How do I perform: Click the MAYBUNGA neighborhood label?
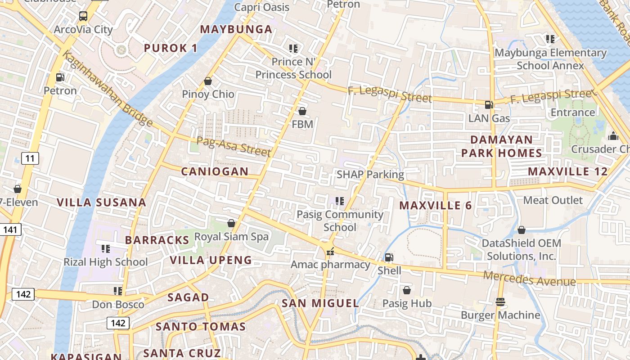coord(236,30)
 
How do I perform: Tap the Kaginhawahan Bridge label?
coord(108,90)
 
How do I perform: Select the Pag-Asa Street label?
coord(234,147)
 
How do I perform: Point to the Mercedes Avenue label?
coord(529,279)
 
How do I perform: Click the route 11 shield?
coord(30,158)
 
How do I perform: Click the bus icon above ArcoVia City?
coord(83,16)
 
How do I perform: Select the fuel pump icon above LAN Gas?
coord(489,105)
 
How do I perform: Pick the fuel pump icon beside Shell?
coord(389,257)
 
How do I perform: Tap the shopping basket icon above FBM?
coord(302,111)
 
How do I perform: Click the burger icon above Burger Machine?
coord(500,302)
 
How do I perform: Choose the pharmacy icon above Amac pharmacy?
coord(331,252)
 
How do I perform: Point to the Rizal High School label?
coord(106,262)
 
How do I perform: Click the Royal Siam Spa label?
coord(231,236)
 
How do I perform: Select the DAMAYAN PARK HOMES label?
coord(502,146)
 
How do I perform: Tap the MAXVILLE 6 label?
coord(436,206)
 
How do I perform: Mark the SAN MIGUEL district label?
coord(320,303)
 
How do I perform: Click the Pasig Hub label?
coord(407,303)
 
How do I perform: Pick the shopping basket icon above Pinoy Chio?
coord(208,81)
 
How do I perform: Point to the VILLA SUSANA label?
coord(102,202)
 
